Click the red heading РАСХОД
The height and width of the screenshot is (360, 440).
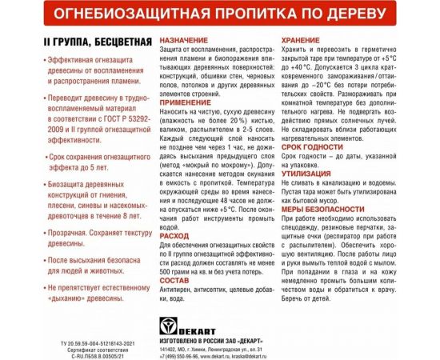point(174,236)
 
